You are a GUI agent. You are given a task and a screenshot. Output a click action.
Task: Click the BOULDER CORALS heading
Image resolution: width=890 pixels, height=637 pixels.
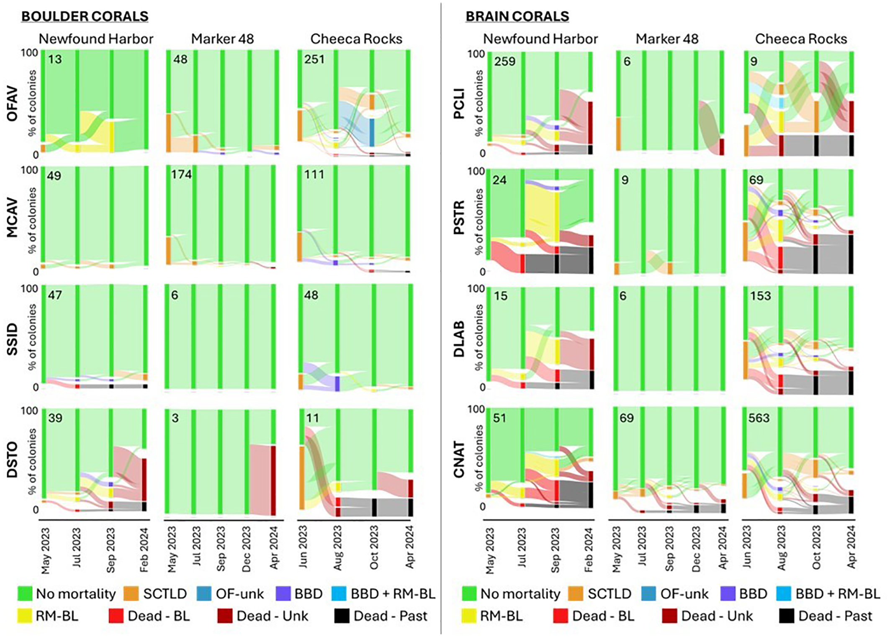(85, 16)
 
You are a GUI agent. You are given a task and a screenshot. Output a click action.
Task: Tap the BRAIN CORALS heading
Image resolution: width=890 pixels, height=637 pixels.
(517, 16)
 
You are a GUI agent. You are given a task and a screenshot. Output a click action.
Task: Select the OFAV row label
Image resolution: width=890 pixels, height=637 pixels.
(12, 103)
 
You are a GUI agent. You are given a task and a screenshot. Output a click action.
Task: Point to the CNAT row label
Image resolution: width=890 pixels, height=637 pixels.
(459, 460)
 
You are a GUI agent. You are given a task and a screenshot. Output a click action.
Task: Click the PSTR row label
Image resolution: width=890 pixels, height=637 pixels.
(459, 218)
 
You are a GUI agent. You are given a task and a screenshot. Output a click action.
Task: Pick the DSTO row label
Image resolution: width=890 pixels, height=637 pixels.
(12, 460)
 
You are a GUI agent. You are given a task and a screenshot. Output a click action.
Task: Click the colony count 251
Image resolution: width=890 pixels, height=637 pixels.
(314, 59)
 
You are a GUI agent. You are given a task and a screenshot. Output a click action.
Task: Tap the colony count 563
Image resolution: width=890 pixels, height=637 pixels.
(759, 418)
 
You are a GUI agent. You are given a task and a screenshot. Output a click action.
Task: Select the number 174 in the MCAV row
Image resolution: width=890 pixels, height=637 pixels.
(181, 174)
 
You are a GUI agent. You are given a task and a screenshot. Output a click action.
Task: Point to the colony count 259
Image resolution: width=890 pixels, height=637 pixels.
(504, 62)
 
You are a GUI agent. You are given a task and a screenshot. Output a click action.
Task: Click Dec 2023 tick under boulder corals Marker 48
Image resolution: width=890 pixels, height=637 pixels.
(246, 549)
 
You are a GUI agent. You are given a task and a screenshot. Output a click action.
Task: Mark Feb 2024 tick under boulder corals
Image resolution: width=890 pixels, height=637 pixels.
(144, 550)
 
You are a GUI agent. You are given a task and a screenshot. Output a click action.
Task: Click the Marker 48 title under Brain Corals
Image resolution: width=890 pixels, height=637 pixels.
(667, 39)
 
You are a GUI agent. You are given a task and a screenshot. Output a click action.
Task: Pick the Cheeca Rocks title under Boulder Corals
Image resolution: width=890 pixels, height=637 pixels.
(356, 39)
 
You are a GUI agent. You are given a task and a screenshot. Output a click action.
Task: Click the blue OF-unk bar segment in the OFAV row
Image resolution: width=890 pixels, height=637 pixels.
(372, 132)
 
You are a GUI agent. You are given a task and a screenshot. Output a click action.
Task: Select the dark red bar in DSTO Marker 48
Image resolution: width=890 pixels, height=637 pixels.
(273, 480)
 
